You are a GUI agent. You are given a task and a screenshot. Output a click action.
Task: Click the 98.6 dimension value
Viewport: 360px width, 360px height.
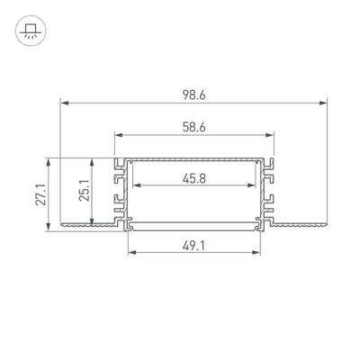194,95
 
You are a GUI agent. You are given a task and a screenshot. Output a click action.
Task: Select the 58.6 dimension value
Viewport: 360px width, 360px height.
194,128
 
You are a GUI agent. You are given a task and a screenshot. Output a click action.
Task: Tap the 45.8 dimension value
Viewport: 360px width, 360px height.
194,179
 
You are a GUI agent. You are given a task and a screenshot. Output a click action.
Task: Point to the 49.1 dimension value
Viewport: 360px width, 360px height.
194,247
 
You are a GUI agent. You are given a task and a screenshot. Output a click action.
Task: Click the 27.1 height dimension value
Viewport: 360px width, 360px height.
40,194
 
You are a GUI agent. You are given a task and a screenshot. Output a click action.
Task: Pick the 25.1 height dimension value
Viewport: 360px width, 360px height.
85,191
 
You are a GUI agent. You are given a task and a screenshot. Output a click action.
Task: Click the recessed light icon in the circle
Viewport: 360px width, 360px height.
30,31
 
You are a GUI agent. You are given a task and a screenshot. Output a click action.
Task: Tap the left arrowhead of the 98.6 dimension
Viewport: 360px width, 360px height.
65,103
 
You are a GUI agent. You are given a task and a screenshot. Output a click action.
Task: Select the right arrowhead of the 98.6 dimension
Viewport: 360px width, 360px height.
323,103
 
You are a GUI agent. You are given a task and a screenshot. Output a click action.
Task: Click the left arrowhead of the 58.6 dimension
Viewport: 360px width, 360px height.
120,135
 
